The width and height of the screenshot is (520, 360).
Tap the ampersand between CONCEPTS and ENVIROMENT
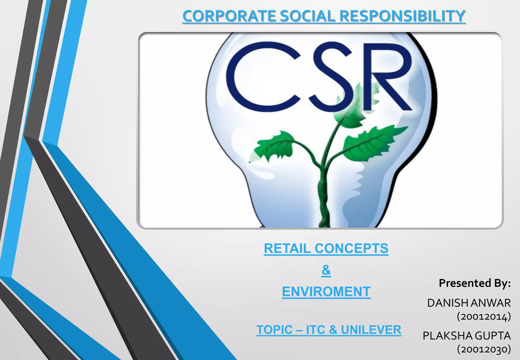tap(326, 270)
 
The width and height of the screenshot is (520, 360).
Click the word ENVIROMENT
tap(326, 291)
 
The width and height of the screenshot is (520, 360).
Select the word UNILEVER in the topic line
tap(371, 330)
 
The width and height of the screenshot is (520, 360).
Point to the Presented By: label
tap(475, 283)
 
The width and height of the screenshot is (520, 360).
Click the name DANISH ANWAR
tap(469, 303)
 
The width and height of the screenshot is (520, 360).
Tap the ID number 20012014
tap(484, 317)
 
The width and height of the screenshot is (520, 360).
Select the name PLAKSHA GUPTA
tap(467, 336)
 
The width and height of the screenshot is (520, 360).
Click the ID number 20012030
tap(484, 350)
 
